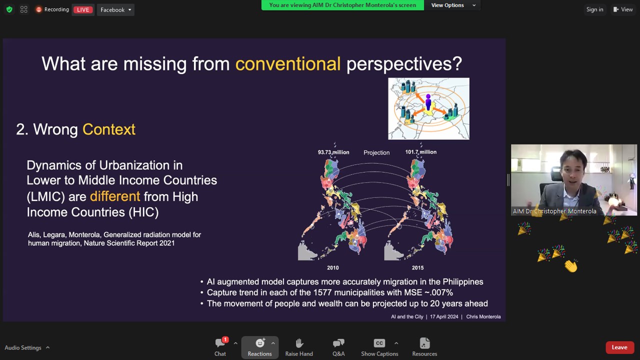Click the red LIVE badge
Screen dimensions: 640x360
[83, 9]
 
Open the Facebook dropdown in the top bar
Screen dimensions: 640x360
[115, 9]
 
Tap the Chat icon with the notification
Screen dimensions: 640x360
[220, 342]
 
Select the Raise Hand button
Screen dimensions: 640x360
[299, 347]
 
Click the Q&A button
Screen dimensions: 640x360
[338, 347]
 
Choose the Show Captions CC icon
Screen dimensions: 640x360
[379, 343]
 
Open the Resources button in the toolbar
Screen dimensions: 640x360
[424, 347]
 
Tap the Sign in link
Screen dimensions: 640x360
[594, 9]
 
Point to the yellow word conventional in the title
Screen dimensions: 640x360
[287, 63]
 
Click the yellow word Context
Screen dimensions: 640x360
[109, 129]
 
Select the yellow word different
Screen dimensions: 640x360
[115, 196]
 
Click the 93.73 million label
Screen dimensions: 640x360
[333, 152]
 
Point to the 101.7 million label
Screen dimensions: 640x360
[421, 152]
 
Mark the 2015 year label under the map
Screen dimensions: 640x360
[417, 267]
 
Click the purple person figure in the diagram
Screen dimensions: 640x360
[428, 102]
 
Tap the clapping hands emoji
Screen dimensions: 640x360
[571, 265]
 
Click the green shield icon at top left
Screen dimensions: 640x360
[9, 9]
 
